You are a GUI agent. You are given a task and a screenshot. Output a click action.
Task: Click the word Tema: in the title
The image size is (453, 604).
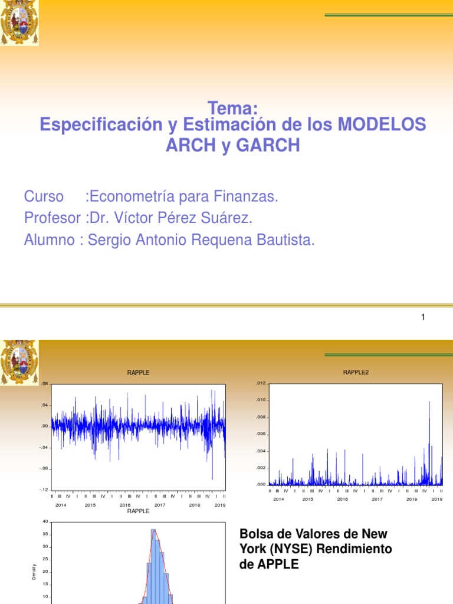[x=233, y=109]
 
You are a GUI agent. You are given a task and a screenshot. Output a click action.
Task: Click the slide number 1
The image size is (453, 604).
[x=423, y=317]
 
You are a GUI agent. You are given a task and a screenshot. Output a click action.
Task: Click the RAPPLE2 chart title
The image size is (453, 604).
[x=356, y=372]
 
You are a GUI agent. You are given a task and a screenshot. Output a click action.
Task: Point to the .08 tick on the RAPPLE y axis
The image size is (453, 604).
[x=44, y=384]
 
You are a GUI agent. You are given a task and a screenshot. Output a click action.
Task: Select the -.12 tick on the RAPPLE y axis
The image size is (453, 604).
[x=43, y=490]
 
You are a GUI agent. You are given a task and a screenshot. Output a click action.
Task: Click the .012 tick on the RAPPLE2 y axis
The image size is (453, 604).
[x=261, y=383]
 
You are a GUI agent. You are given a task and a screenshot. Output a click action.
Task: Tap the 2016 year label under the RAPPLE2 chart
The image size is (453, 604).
[x=343, y=499]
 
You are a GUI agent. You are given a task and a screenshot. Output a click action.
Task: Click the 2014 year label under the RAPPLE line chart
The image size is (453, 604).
[x=61, y=505]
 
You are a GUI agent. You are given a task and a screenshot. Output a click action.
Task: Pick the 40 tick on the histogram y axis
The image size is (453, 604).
[x=45, y=521]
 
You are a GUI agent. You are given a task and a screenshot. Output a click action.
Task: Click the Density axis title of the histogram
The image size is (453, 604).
[x=34, y=571]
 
